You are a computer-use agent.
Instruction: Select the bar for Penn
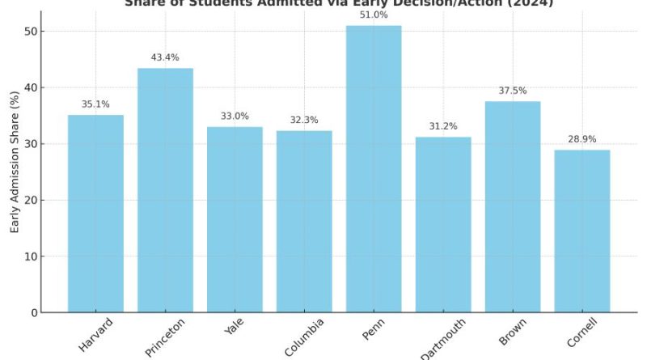pyautogui.click(x=374, y=170)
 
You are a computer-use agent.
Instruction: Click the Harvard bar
pyautogui.click(x=95, y=214)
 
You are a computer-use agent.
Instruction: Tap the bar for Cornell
pyautogui.click(x=582, y=231)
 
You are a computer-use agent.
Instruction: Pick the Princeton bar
pyautogui.click(x=165, y=191)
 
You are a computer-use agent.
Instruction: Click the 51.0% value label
pyautogui.click(x=374, y=15)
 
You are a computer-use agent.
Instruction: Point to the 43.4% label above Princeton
pyautogui.click(x=165, y=58)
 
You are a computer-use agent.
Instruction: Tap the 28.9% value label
pyautogui.click(x=582, y=139)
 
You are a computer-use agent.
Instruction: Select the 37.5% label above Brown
pyautogui.click(x=513, y=91)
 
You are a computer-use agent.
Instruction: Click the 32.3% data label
pyautogui.click(x=304, y=121)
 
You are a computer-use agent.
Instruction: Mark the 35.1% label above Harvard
pyautogui.click(x=95, y=104)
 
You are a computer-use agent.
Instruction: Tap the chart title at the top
pyautogui.click(x=339, y=3)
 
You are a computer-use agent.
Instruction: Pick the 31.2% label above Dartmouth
pyautogui.click(x=443, y=127)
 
